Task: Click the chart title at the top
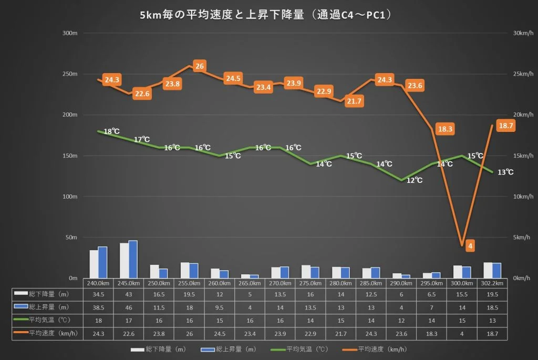(x=266, y=15)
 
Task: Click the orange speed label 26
(x=200, y=66)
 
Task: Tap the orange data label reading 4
(x=470, y=246)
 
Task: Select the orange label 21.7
(x=354, y=101)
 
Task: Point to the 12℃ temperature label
(x=415, y=180)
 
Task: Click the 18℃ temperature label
(x=111, y=131)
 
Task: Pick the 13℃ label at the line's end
(x=505, y=172)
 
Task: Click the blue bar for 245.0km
(x=133, y=260)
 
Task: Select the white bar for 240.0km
(x=94, y=264)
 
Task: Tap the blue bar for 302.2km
(x=496, y=271)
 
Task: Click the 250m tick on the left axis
(x=70, y=74)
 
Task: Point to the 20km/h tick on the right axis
(x=523, y=115)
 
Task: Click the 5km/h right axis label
(x=522, y=237)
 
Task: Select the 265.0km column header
(x=250, y=283)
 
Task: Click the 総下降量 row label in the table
(x=42, y=294)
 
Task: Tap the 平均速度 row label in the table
(x=46, y=333)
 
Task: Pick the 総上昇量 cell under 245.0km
(x=129, y=307)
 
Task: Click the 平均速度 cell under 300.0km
(x=462, y=334)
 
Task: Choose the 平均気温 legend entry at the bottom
(x=299, y=349)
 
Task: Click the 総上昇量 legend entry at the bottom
(x=229, y=349)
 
